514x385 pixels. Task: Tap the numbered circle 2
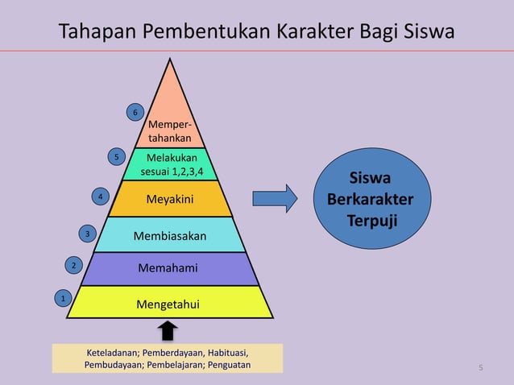point(73,265)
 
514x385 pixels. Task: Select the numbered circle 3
point(87,234)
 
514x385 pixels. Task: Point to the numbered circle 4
point(99,197)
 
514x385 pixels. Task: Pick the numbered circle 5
point(117,156)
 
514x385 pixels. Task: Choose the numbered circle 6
point(135,113)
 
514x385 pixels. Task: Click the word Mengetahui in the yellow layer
point(168,304)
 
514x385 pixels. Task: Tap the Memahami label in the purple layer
point(168,267)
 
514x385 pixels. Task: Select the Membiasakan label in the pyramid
point(169,236)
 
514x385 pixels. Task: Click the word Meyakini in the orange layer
point(169,198)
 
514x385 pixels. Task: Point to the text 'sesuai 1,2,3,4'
point(172,172)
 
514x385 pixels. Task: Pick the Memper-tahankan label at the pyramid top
point(169,132)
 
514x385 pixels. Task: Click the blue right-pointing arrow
point(275,198)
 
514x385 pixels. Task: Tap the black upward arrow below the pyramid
point(168,330)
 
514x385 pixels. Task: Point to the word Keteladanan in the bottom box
point(116,353)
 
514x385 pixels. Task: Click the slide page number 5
point(481,368)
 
